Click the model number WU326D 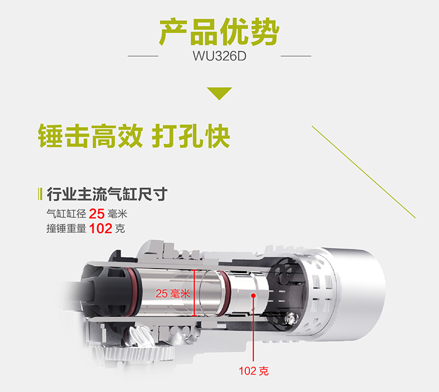[220, 56]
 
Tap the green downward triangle [220, 93]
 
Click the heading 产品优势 [220, 32]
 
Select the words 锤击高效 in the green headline [90, 136]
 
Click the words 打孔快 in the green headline [191, 136]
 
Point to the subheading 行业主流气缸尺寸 [107, 194]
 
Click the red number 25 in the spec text [97, 214]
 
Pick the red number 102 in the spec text [101, 229]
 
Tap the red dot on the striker [253, 295]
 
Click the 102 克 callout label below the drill [253, 371]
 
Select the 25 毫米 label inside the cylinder [173, 294]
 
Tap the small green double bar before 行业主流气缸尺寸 [40, 194]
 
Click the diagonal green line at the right [363, 172]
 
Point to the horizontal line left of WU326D [143, 56]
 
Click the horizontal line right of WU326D [296, 56]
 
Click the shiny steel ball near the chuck [291, 318]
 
